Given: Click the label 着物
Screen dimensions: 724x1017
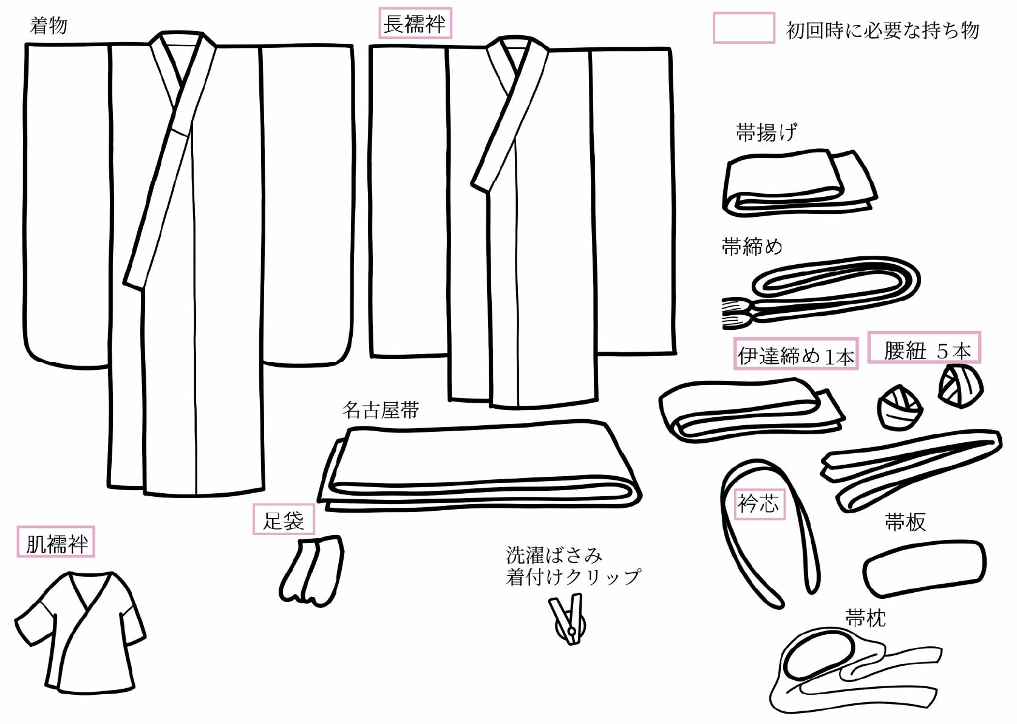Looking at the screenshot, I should tap(49, 26).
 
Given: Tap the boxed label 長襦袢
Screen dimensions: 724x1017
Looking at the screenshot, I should tap(415, 24).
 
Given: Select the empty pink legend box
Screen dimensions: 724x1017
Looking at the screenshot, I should tap(743, 28).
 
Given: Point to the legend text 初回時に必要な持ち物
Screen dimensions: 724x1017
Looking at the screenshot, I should tap(882, 30).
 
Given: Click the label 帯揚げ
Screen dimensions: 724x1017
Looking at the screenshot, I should tap(766, 132).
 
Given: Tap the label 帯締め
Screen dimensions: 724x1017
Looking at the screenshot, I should tap(752, 247).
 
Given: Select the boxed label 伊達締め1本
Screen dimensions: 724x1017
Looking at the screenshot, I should tap(796, 354).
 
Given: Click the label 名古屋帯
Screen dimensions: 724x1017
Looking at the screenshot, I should tap(381, 411).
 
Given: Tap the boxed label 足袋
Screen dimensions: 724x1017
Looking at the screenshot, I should tap(284, 520).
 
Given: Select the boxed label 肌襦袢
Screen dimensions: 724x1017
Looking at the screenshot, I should tap(56, 542).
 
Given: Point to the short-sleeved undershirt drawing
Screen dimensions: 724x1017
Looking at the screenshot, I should tap(79, 632).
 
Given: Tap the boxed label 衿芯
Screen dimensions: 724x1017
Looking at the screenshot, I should tap(759, 504).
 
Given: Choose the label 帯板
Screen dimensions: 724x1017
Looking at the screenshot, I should tap(905, 522).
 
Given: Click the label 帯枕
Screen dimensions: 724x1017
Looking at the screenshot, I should tap(865, 618).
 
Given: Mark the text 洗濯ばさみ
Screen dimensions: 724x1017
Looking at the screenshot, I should tap(554, 555).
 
